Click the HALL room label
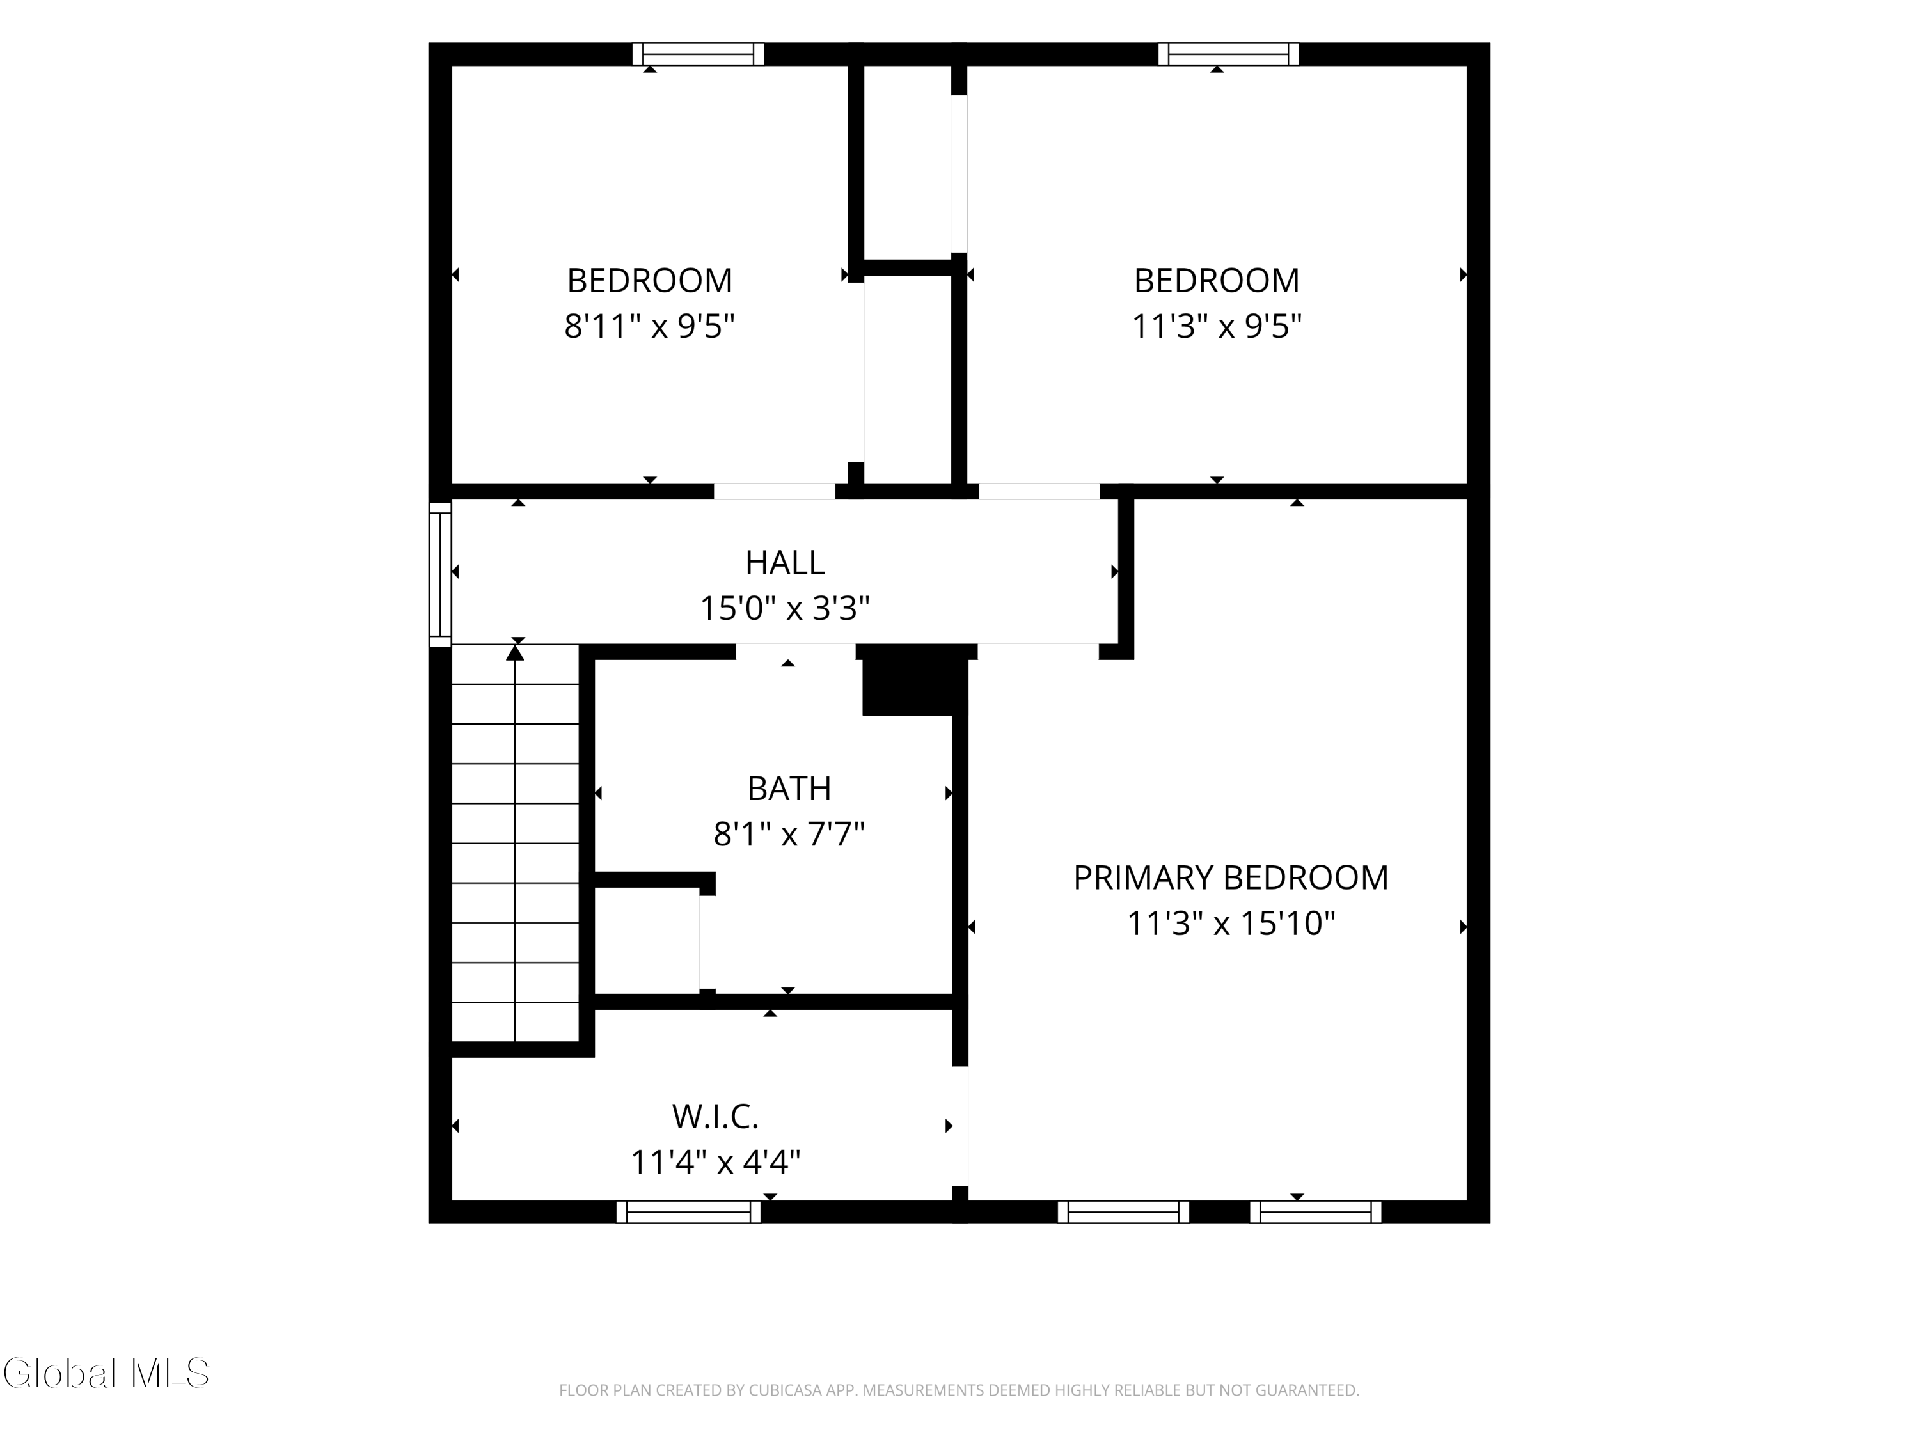(784, 563)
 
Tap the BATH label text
(789, 789)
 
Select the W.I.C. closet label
(715, 1117)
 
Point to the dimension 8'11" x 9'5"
(650, 327)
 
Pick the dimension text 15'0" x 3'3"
(784, 609)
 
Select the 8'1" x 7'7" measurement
(789, 835)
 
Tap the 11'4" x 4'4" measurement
(715, 1162)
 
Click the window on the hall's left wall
(441, 574)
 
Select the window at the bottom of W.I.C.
(689, 1212)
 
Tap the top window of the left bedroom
(699, 54)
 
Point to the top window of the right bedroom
(1228, 54)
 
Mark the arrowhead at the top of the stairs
(516, 652)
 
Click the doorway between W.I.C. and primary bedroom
(960, 1126)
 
